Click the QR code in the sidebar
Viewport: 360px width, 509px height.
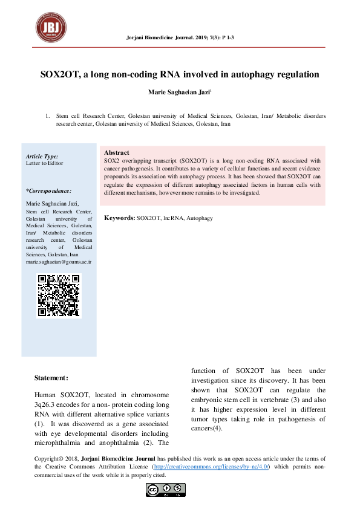(x=59, y=296)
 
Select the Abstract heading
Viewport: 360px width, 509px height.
(x=116, y=153)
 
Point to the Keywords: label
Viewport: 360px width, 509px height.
(x=119, y=217)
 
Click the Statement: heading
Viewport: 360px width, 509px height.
(x=51, y=378)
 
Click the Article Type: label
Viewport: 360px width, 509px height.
(x=42, y=156)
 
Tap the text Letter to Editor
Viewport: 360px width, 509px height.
(x=44, y=163)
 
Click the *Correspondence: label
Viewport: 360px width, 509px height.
(x=48, y=190)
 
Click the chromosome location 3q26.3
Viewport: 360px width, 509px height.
(x=46, y=406)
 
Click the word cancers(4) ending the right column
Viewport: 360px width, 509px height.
(x=207, y=429)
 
